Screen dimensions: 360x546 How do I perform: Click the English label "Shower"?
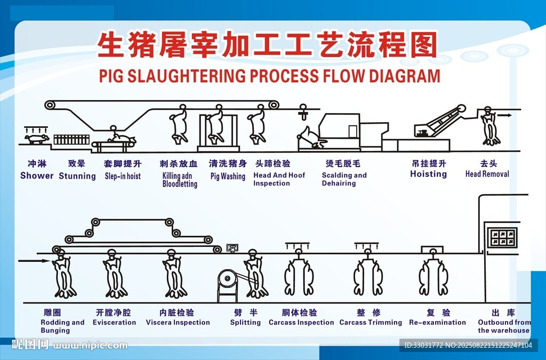(x=37, y=175)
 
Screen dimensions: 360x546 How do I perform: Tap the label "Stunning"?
(x=77, y=176)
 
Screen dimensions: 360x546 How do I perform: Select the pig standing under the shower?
(x=37, y=139)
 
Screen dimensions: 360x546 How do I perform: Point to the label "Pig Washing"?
(x=228, y=176)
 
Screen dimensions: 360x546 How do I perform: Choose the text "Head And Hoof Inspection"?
(x=279, y=179)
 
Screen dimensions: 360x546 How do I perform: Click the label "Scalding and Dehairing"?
(x=344, y=179)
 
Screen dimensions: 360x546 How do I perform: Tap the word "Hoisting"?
(x=428, y=174)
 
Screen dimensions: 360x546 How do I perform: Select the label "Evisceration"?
(x=114, y=323)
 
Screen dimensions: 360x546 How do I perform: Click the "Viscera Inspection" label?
(x=178, y=323)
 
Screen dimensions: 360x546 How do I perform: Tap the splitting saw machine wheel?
(x=227, y=278)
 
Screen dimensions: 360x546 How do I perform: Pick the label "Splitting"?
(x=245, y=323)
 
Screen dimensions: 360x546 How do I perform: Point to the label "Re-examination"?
(x=437, y=323)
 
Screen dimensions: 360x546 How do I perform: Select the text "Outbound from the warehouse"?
(x=504, y=326)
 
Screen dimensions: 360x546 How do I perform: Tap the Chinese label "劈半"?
(x=245, y=313)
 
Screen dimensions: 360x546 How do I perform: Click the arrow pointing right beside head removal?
(x=505, y=115)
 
